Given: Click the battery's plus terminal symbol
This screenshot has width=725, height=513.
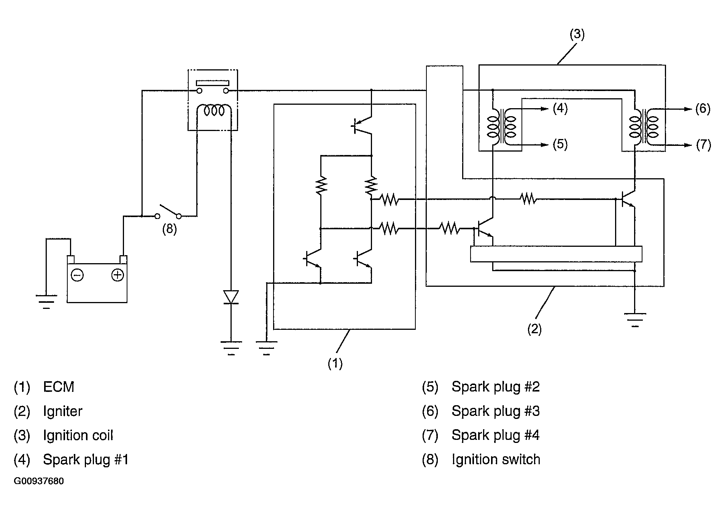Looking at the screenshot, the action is pyautogui.click(x=118, y=275).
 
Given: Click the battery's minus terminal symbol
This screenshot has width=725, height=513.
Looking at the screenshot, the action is pyautogui.click(x=77, y=275).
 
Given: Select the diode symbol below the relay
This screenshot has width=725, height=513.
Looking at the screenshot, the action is pyautogui.click(x=231, y=297).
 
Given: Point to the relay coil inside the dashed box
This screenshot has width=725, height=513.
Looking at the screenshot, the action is pyautogui.click(x=213, y=110).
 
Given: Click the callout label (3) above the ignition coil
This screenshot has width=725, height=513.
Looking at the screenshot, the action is pyautogui.click(x=577, y=34).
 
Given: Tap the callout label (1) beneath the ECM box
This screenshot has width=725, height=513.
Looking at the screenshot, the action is pyautogui.click(x=335, y=364).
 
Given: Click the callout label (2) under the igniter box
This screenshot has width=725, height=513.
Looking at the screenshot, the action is pyautogui.click(x=534, y=329).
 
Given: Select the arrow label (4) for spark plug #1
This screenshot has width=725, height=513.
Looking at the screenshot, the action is pyautogui.click(x=560, y=109).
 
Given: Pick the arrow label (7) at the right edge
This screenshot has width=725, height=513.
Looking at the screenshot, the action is pyautogui.click(x=703, y=145).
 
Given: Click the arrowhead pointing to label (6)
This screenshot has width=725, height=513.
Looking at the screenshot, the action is pyautogui.click(x=688, y=109).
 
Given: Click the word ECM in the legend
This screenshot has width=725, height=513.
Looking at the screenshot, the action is pyautogui.click(x=59, y=387).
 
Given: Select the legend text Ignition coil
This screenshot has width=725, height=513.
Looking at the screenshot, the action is pyautogui.click(x=78, y=435).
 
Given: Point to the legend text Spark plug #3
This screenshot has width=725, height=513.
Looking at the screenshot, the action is pyautogui.click(x=496, y=411).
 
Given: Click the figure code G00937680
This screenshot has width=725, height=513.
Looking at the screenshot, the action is pyautogui.click(x=39, y=481).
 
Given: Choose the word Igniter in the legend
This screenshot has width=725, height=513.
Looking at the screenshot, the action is pyautogui.click(x=63, y=411).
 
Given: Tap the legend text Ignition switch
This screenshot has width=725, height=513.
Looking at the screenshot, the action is pyautogui.click(x=496, y=460).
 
